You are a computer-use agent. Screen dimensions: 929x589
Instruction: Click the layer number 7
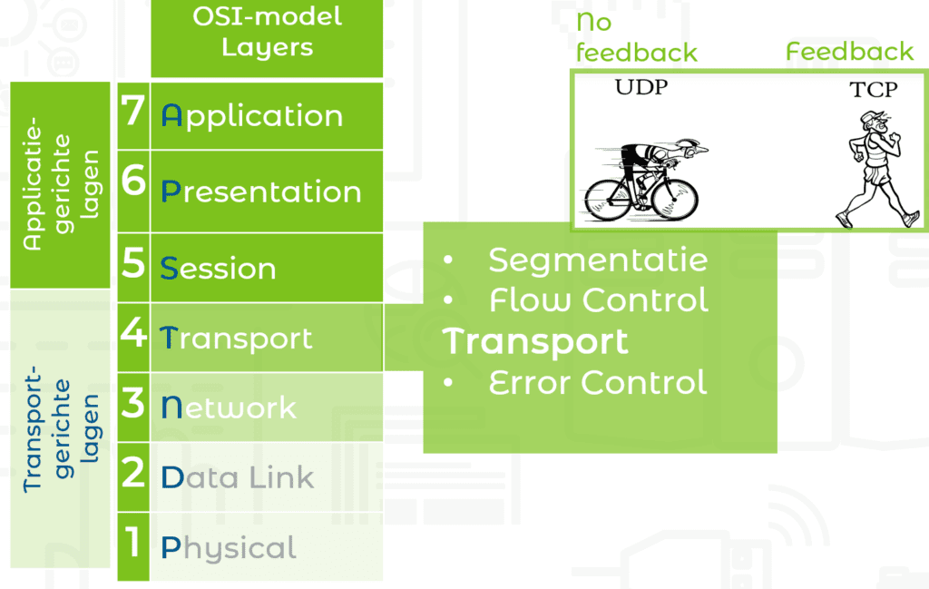coord(133,110)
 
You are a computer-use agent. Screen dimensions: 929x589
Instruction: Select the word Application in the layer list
coord(252,116)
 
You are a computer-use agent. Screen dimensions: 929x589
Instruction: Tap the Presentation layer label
coord(261,191)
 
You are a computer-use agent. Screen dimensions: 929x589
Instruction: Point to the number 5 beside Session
coord(133,262)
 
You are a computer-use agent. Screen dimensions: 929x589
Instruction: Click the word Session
coord(218,268)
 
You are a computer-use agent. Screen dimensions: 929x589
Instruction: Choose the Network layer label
coord(229,407)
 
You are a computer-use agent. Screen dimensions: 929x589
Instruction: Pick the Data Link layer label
coord(238,477)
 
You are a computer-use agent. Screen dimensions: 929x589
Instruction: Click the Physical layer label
coord(229,548)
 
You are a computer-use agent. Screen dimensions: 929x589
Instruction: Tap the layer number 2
coord(132,472)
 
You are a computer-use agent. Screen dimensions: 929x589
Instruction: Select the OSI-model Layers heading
coord(268,32)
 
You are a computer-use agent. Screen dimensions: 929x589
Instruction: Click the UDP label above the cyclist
coord(641,87)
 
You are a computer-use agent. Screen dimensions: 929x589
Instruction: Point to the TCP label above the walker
coord(874,90)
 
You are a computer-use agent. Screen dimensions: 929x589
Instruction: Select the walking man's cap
coord(870,116)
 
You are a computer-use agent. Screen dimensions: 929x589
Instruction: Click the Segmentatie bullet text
coord(598,260)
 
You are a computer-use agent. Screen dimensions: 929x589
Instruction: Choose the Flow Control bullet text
coord(599,299)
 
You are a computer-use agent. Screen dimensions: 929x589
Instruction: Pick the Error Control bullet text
coord(598,382)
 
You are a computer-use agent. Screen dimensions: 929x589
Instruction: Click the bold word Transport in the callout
coord(535,342)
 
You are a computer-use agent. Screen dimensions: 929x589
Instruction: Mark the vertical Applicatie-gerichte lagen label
coord(61,184)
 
